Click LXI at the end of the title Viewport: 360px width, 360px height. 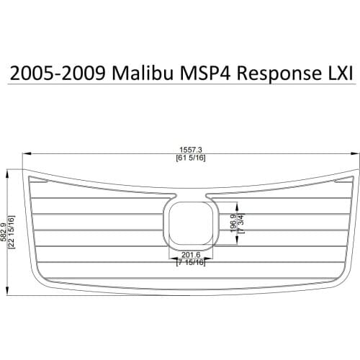click(x=336, y=73)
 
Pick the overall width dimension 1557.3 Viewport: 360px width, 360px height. click(x=188, y=150)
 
